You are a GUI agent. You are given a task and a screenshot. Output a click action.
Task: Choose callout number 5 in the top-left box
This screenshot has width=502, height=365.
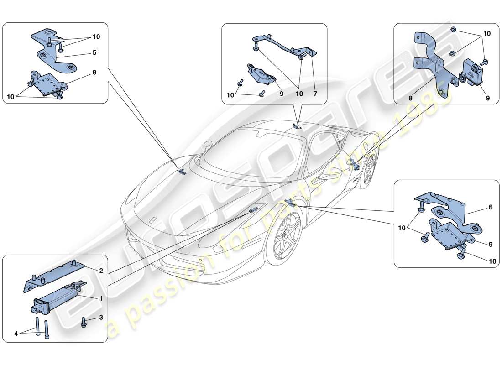coord(94,52)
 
